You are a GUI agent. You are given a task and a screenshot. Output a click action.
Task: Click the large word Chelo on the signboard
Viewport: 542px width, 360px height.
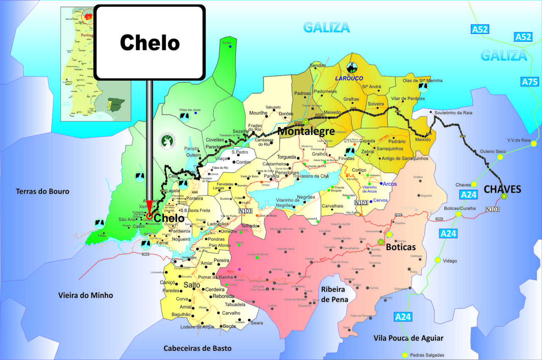click(150, 43)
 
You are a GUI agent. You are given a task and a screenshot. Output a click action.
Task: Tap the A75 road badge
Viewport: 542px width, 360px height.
click(530, 82)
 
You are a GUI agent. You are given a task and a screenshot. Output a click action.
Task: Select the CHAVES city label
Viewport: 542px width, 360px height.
click(502, 189)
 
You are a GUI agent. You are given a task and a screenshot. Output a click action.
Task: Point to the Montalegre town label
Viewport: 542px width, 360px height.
click(306, 131)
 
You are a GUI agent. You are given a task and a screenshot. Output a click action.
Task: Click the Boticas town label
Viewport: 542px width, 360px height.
click(401, 247)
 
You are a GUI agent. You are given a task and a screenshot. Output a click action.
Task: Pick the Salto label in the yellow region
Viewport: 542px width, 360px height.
click(191, 285)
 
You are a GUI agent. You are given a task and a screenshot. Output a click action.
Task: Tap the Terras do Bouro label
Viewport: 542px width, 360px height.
click(42, 191)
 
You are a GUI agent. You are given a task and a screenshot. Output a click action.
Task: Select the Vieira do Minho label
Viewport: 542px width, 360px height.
click(86, 295)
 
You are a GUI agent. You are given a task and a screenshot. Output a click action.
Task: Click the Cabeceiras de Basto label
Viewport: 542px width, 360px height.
click(198, 348)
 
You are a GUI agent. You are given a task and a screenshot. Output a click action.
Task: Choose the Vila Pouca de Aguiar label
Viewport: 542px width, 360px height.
click(408, 338)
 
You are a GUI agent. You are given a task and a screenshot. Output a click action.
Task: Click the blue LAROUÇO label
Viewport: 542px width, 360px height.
click(349, 78)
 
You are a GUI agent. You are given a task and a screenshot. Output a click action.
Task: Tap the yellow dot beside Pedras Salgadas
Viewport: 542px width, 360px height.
click(405, 355)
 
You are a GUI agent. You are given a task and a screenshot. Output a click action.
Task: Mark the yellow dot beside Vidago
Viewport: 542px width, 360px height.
click(437, 260)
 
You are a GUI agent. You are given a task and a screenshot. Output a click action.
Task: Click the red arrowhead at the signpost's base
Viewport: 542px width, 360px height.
click(149, 206)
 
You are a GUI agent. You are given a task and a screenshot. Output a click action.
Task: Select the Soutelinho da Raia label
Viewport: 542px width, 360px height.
click(451, 113)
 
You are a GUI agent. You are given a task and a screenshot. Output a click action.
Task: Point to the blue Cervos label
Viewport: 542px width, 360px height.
click(380, 200)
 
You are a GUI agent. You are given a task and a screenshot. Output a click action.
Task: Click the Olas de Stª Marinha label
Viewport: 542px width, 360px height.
click(422, 80)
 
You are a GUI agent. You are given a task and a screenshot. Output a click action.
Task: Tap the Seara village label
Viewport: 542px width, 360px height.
click(257, 323)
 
